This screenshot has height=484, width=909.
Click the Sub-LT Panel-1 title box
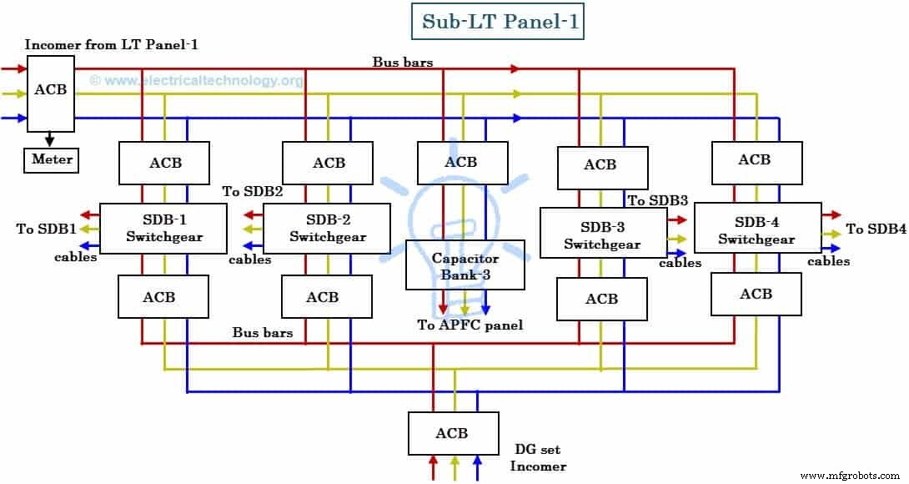[498, 23]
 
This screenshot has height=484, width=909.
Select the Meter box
[51, 159]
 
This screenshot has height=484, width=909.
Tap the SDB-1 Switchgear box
[163, 229]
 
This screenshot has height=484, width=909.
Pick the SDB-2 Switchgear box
[327, 229]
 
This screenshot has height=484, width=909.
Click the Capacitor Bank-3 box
[465, 265]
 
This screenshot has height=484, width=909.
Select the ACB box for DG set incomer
[452, 433]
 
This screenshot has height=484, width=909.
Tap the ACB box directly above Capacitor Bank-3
[461, 162]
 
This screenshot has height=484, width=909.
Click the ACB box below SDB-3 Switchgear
[601, 299]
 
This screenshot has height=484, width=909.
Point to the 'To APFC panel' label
[470, 325]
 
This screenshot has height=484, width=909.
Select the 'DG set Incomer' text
[540, 457]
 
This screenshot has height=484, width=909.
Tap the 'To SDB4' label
[876, 229]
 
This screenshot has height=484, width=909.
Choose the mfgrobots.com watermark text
[851, 475]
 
